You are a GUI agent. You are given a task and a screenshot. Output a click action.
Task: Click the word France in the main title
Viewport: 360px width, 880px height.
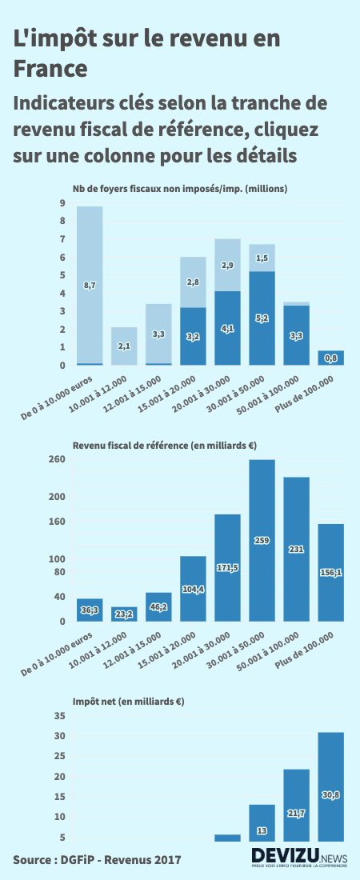50,69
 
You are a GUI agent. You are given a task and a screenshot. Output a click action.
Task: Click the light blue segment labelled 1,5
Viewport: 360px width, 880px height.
262,258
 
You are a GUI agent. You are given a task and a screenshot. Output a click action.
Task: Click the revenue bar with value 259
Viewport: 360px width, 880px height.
262,540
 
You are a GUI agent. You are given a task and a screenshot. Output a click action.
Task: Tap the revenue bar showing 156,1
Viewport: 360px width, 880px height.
330,572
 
